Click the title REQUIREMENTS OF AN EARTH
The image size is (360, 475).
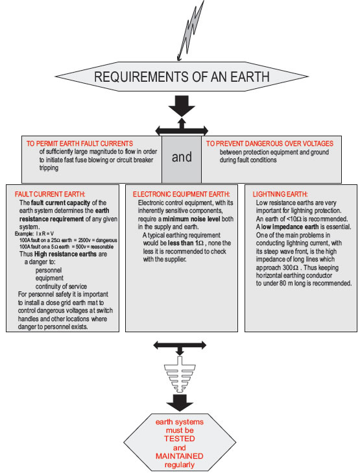click(x=182, y=77)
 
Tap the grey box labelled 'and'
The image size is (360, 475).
click(x=182, y=160)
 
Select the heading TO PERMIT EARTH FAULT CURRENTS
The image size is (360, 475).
click(x=80, y=143)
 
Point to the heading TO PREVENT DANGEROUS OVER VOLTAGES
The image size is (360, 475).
click(x=270, y=143)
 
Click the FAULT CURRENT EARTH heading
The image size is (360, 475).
click(x=50, y=194)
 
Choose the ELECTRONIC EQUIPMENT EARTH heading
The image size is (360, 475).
click(x=182, y=194)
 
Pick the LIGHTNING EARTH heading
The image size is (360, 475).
click(x=280, y=194)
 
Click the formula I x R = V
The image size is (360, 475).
click(x=45, y=234)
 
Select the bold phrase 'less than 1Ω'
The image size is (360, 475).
click(x=186, y=243)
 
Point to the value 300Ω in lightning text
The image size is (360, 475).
click(x=291, y=268)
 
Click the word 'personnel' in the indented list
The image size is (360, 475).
click(x=49, y=270)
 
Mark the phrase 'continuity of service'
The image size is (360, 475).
click(x=61, y=287)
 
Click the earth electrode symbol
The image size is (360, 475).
click(x=180, y=374)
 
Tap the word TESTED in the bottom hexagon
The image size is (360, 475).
click(x=180, y=439)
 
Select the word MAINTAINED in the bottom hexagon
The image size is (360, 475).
click(x=180, y=456)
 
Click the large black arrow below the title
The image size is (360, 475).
click(x=182, y=106)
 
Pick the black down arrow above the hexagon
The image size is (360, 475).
click(x=180, y=402)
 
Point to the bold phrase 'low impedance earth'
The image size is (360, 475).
click(x=290, y=227)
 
